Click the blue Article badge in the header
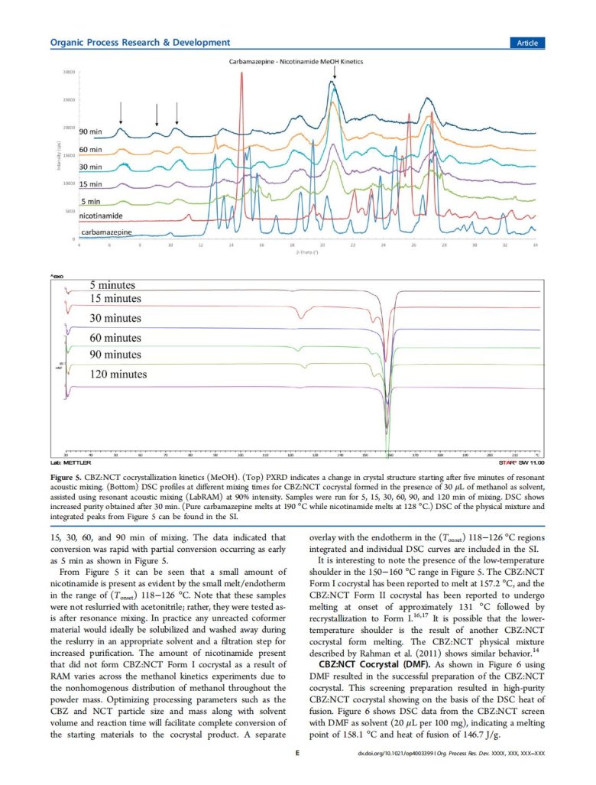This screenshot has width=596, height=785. [526, 43]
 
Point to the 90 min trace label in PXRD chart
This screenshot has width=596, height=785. [94, 132]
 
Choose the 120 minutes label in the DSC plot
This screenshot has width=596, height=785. [118, 375]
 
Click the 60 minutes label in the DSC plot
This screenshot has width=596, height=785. [115, 337]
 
